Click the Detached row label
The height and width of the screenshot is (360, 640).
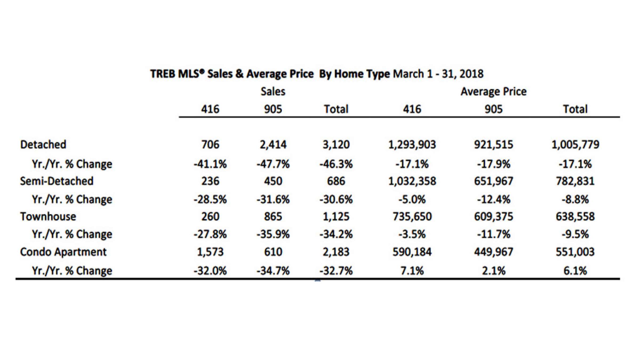point(43,145)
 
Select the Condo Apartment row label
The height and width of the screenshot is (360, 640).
point(63,252)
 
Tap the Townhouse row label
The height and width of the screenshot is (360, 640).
point(48,216)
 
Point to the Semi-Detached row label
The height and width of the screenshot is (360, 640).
point(57,181)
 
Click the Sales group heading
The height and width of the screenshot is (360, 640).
point(273,91)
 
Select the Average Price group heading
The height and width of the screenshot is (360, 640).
point(493,91)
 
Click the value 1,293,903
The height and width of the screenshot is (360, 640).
point(412,145)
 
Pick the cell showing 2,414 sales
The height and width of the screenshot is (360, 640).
point(273,145)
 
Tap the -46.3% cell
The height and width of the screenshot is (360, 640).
point(336,164)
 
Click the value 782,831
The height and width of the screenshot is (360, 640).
point(575,181)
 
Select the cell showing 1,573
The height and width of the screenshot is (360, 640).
point(210,252)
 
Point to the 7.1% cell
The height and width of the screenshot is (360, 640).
point(412,271)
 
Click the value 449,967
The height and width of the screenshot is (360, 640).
point(493,252)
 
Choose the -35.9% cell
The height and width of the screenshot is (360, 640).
point(273,234)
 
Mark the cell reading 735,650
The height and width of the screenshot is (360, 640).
point(412,216)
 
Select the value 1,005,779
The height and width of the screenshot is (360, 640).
point(575,145)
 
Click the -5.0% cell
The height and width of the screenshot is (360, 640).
point(412,199)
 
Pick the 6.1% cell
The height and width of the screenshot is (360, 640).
point(575,271)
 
